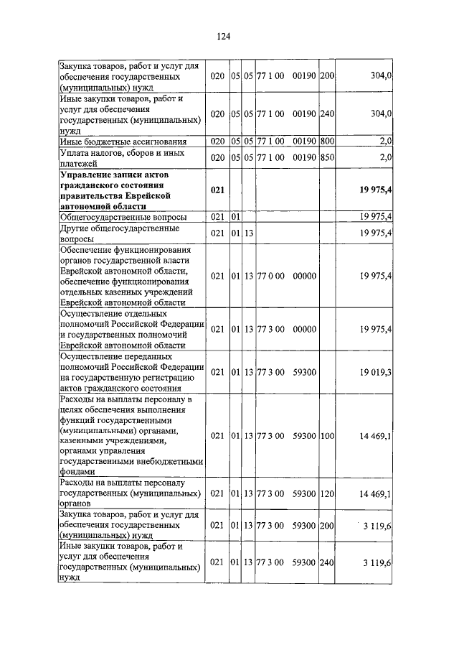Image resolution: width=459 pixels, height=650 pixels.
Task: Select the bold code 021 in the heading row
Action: click(218, 189)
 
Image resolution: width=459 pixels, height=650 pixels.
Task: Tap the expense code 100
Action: click(327, 435)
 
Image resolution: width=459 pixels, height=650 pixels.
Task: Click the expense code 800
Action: click(327, 141)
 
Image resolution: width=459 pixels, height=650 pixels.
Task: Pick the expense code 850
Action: click(327, 157)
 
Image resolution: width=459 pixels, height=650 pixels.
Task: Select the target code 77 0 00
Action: click(271, 276)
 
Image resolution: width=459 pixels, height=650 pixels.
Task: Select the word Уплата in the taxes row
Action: click(74, 152)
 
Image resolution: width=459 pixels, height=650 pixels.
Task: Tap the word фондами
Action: click(77, 473)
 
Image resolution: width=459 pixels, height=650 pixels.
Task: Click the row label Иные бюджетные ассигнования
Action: click(123, 141)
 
